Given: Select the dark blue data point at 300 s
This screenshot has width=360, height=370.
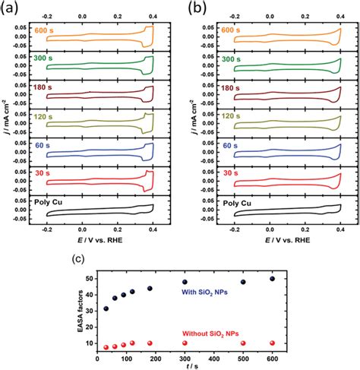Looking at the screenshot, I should click(x=227, y=283).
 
